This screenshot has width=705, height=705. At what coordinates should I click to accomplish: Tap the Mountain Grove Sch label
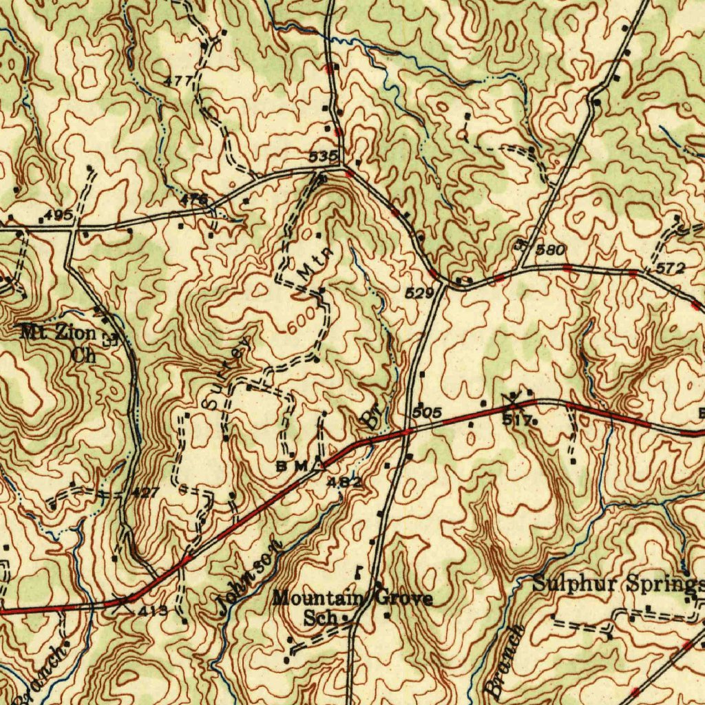(x=352, y=607)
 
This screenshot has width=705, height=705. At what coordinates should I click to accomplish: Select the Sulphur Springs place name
(x=618, y=585)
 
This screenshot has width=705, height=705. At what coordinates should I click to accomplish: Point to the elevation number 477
(x=178, y=81)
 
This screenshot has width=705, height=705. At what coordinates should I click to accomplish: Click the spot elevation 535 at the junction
(x=322, y=156)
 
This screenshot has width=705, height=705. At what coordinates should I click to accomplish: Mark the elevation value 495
(x=59, y=216)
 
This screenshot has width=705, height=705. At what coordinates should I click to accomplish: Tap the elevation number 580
(x=550, y=249)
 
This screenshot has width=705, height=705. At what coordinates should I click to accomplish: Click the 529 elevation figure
(x=419, y=293)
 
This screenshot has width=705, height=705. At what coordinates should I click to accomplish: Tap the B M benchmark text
(x=291, y=467)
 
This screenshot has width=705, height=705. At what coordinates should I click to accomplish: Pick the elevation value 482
(x=344, y=482)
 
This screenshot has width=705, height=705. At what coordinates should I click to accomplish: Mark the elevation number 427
(x=145, y=493)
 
